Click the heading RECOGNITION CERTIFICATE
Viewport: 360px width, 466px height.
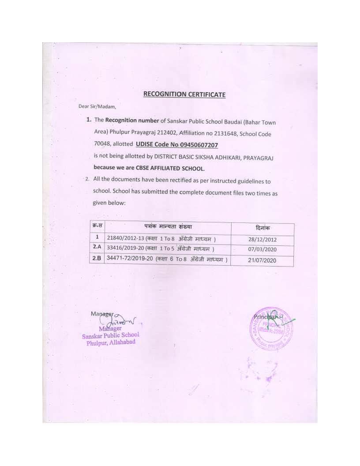click(x=184, y=94)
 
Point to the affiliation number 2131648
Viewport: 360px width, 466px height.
click(x=207, y=133)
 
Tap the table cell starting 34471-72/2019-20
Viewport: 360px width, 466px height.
click(x=167, y=260)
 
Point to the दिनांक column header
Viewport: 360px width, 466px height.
click(x=263, y=228)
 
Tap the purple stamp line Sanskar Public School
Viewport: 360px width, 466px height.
click(x=111, y=335)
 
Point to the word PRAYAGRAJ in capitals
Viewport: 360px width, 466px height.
click(x=256, y=158)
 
